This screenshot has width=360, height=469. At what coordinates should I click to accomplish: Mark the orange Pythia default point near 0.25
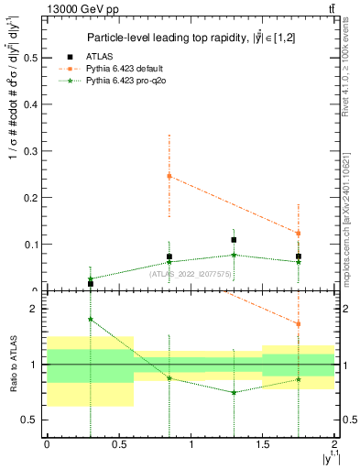tap(169, 176)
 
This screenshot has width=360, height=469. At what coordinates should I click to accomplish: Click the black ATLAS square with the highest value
tap(234, 240)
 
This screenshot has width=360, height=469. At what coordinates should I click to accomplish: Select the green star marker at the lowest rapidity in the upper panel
tap(90, 279)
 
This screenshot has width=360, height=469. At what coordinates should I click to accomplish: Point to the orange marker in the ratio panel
tap(299, 324)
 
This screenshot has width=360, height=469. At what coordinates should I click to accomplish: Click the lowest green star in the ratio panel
tap(234, 392)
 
